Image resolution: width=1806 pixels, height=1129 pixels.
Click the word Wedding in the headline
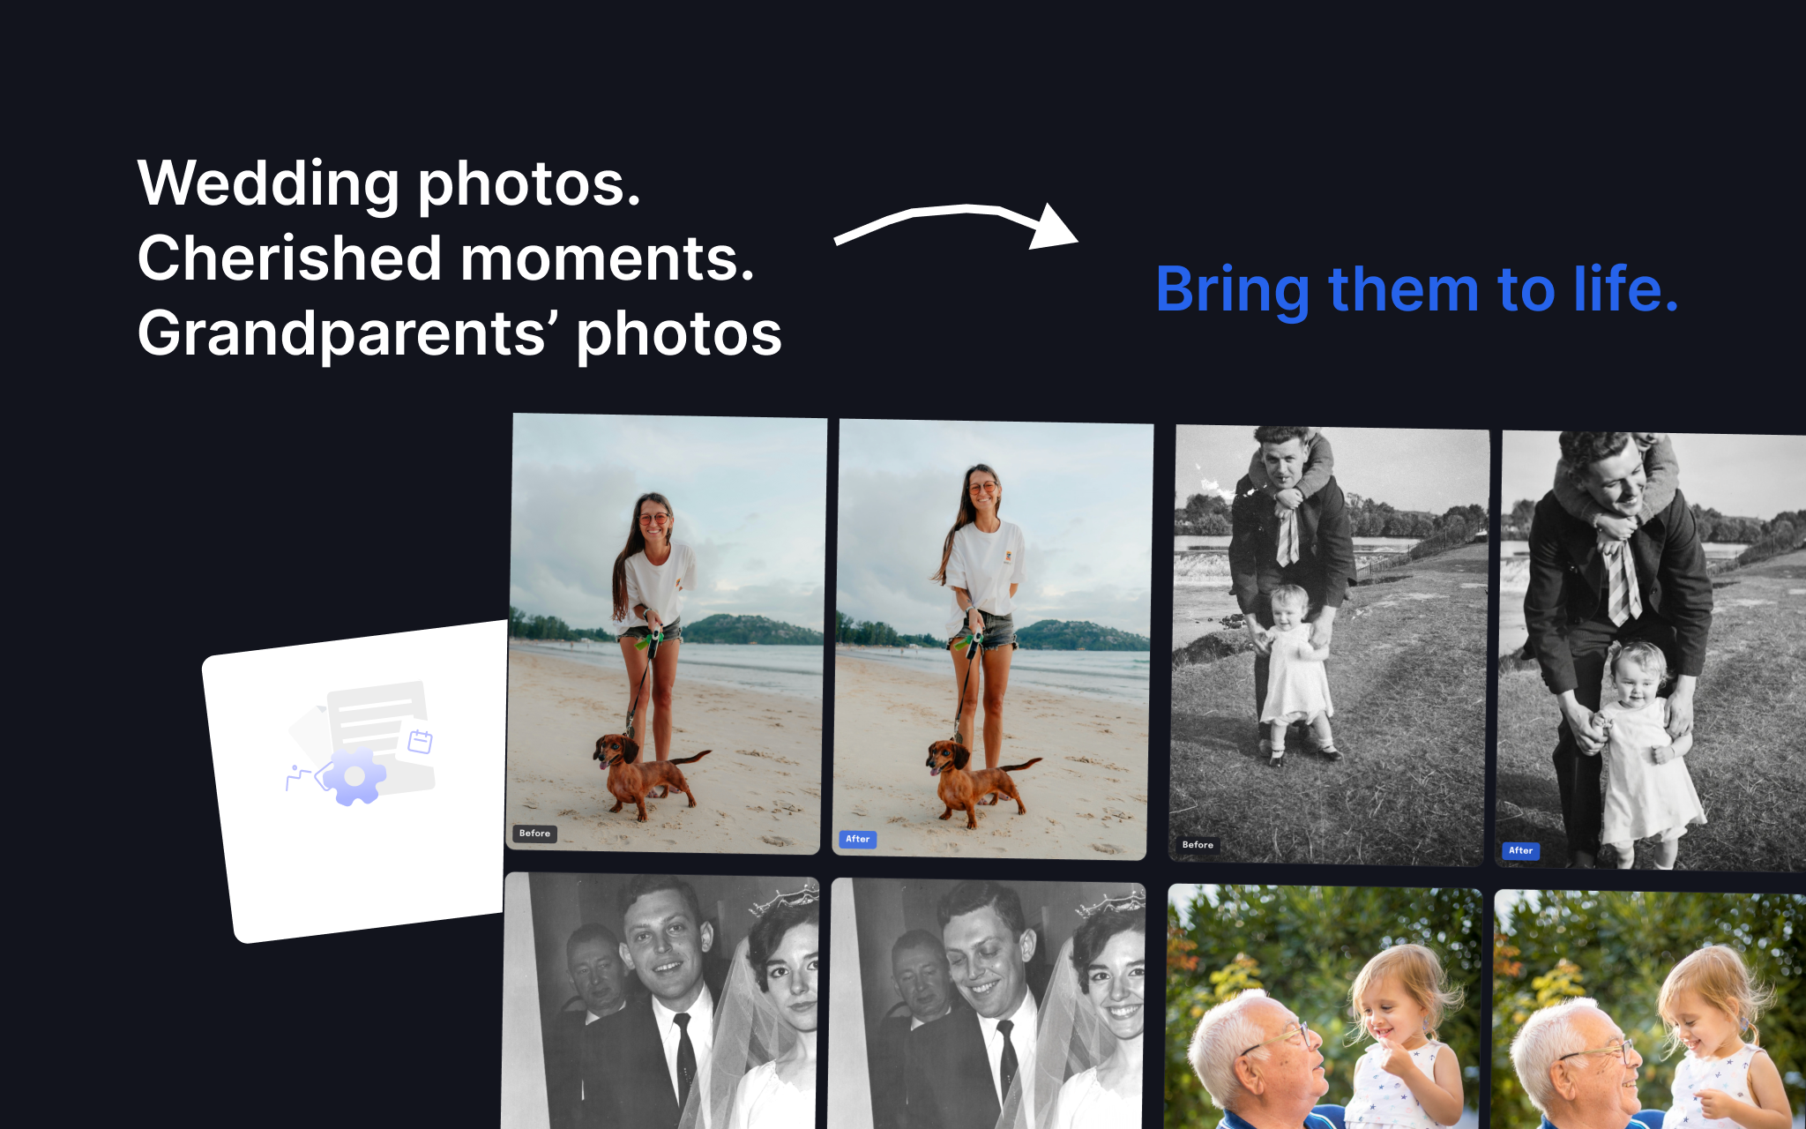(x=268, y=185)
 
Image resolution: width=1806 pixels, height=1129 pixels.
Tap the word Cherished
(x=289, y=259)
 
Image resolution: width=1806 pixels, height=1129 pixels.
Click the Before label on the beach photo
(x=534, y=834)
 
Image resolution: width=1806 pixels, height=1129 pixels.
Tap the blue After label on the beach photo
(x=857, y=840)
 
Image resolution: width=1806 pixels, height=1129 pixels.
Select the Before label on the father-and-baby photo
(x=1197, y=845)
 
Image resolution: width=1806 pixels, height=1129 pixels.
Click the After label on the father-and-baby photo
(x=1520, y=851)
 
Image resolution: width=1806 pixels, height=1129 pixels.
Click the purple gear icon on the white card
(x=354, y=777)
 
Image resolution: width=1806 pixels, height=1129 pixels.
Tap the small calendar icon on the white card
(x=420, y=742)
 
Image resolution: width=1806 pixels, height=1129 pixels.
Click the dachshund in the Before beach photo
(x=644, y=772)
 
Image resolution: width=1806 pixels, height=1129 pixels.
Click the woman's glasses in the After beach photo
(x=981, y=488)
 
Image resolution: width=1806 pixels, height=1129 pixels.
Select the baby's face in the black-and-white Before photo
(x=1290, y=607)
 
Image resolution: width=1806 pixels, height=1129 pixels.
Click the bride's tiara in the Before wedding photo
(x=787, y=900)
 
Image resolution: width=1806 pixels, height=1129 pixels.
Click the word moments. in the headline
(x=607, y=259)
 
